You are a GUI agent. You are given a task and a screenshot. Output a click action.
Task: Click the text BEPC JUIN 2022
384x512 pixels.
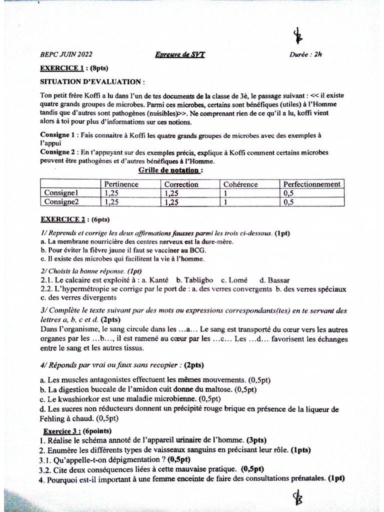point(66,55)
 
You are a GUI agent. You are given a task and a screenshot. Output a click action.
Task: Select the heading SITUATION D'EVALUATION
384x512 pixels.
point(93,81)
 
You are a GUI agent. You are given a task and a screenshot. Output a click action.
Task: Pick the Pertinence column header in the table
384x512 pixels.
point(121,184)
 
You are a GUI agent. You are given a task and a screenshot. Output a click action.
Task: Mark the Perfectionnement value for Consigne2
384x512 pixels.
point(288,202)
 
